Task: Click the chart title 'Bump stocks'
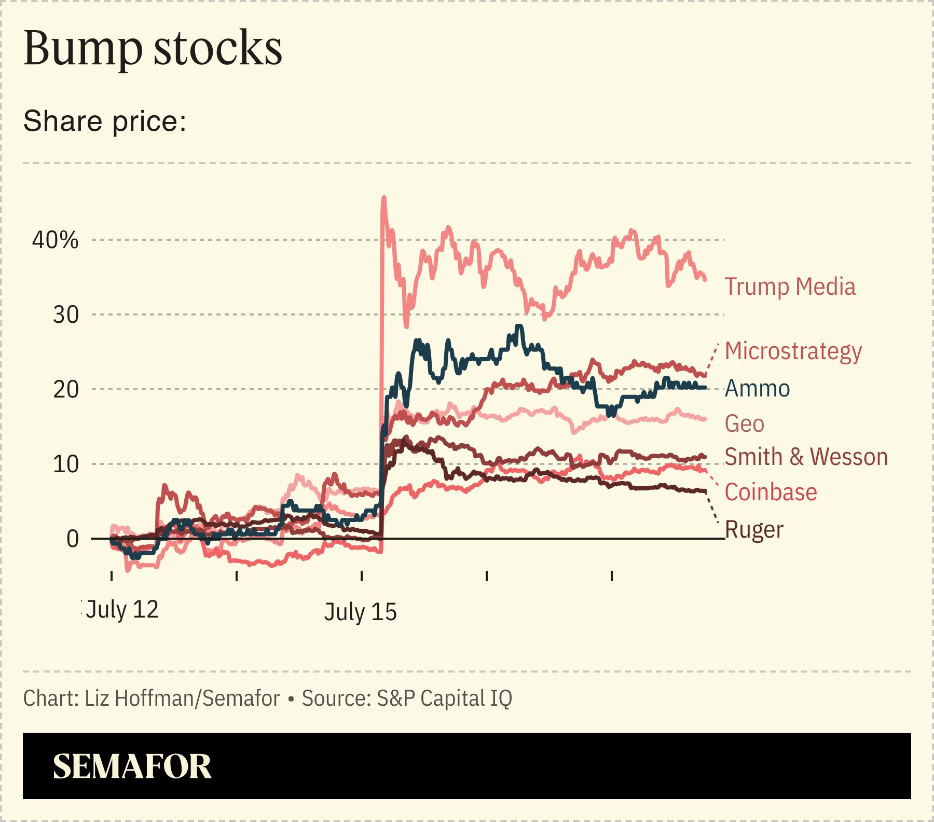point(153,48)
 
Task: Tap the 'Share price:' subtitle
point(105,121)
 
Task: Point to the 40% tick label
point(56,240)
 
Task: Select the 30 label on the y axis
point(66,315)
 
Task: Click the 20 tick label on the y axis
point(66,390)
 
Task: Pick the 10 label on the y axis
point(66,464)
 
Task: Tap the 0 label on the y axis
point(73,539)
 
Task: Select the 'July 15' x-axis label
point(361,612)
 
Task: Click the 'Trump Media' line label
point(790,287)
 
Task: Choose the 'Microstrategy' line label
point(793,351)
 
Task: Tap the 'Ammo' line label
point(757,389)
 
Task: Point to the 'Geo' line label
point(744,424)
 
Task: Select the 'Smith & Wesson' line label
point(806,457)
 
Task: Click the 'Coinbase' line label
point(771,492)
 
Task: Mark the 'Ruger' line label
point(754,530)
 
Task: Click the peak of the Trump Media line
point(384,198)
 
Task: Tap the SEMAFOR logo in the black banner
point(132,766)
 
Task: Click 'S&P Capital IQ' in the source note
point(444,698)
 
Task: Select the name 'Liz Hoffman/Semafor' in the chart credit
point(182,698)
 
